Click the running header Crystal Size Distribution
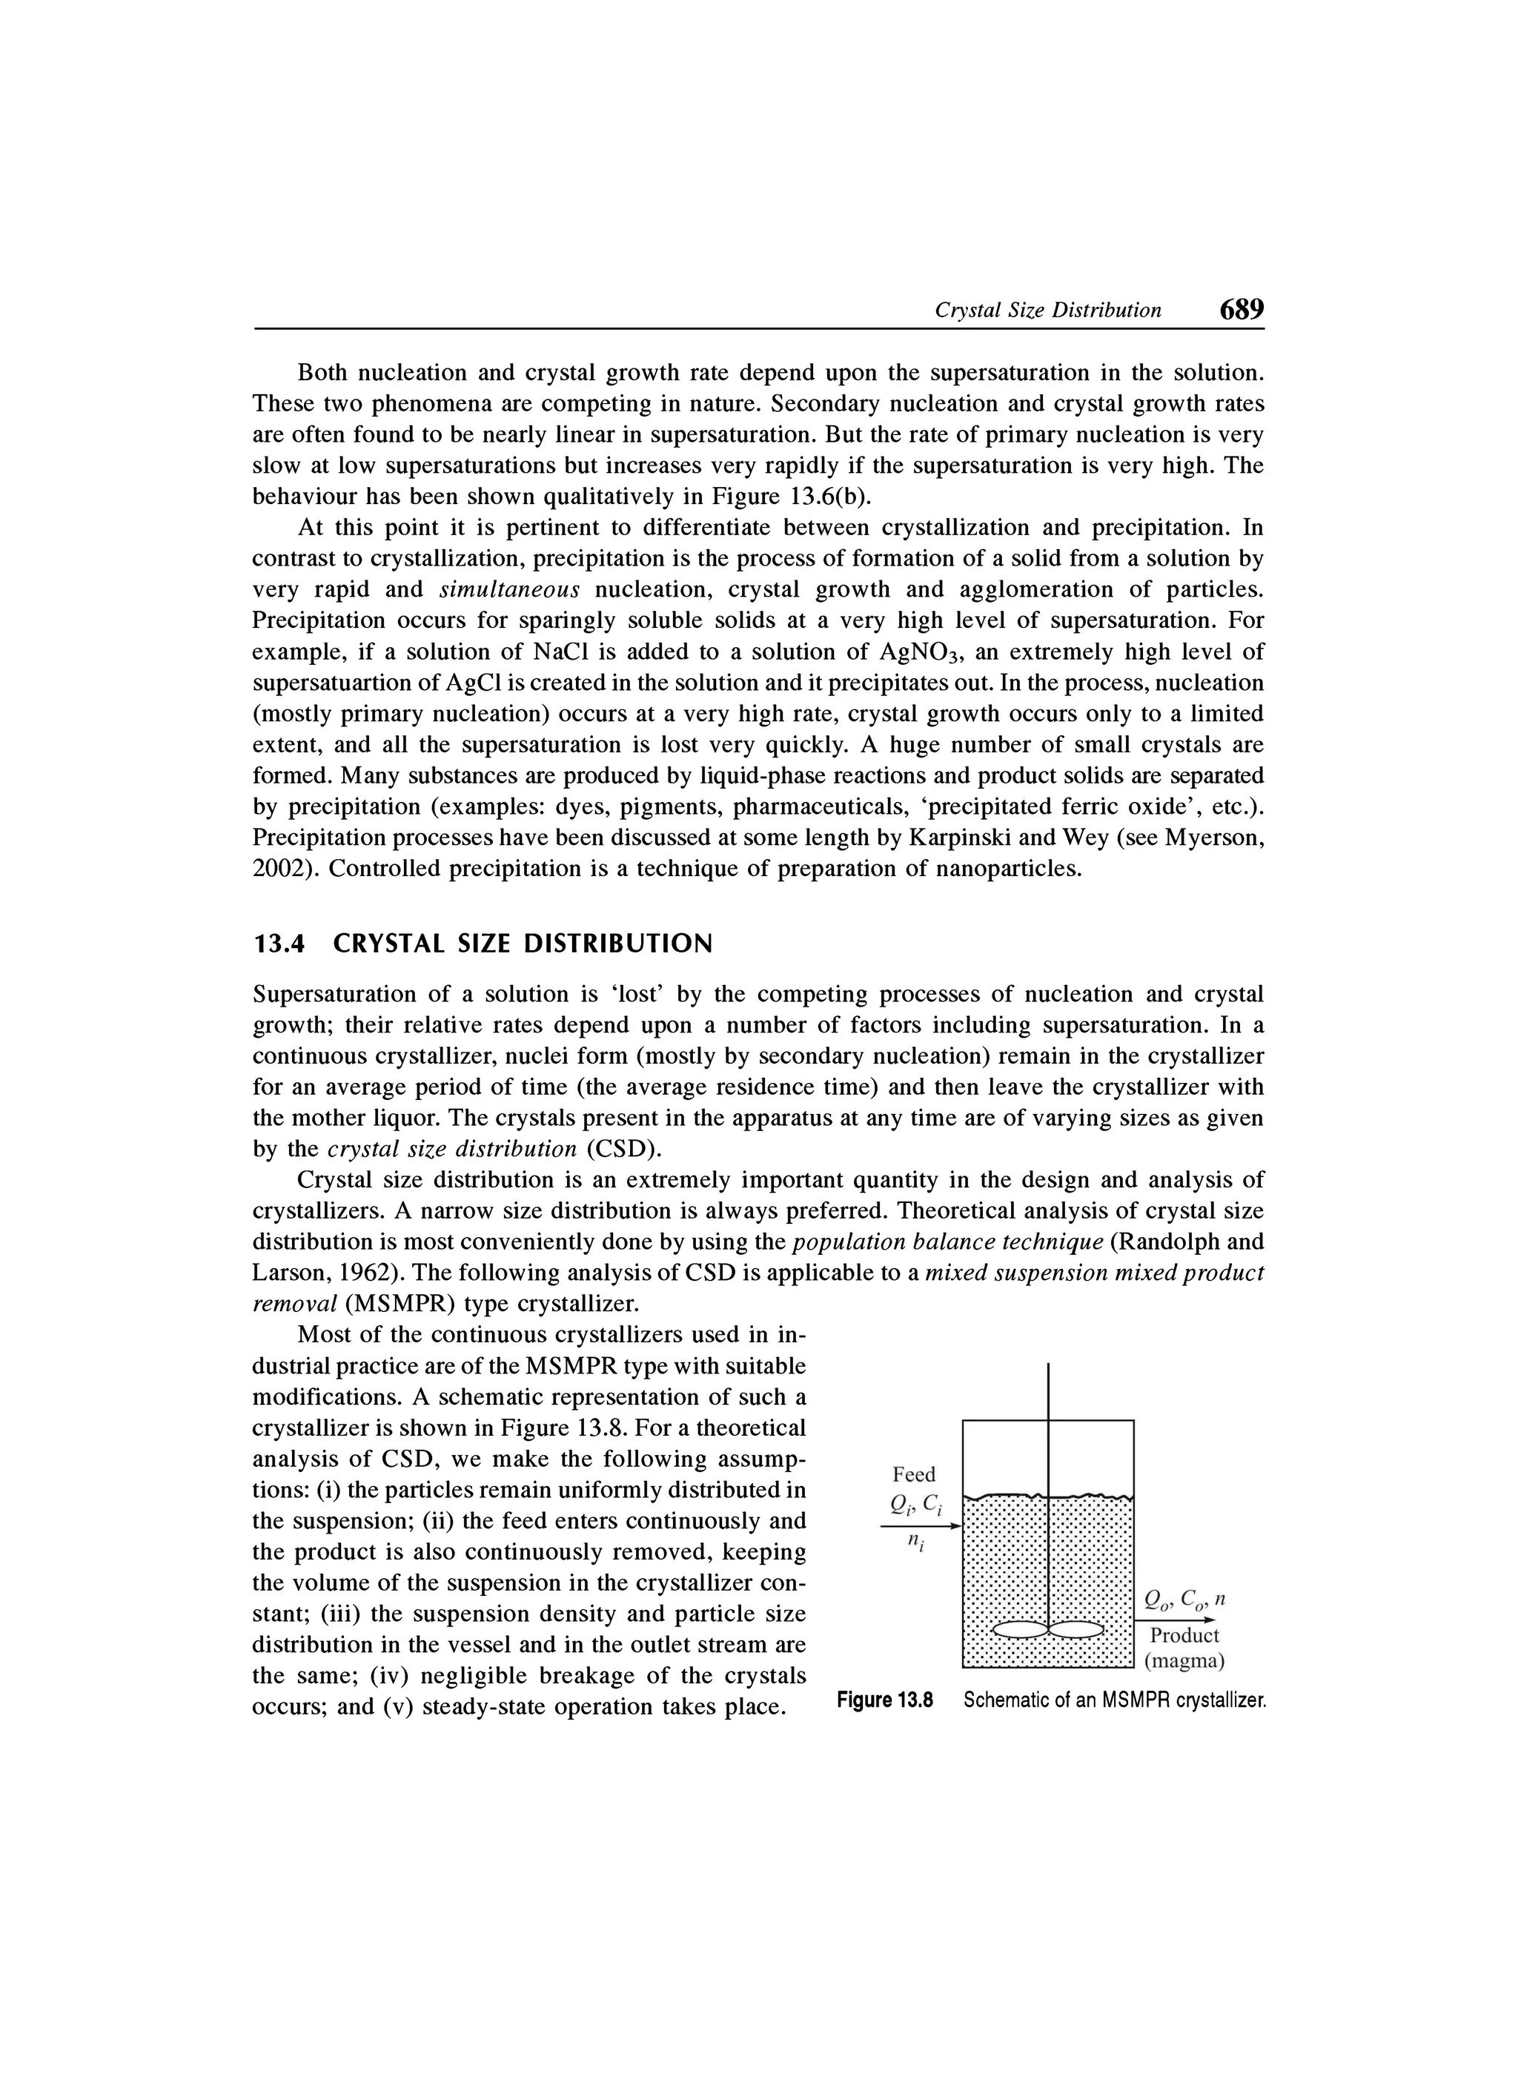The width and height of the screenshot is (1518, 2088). pyautogui.click(x=1047, y=311)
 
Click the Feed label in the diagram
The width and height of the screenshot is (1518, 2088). pyautogui.click(x=913, y=1474)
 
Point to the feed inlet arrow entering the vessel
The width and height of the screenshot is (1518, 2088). pyautogui.click(x=921, y=1526)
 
